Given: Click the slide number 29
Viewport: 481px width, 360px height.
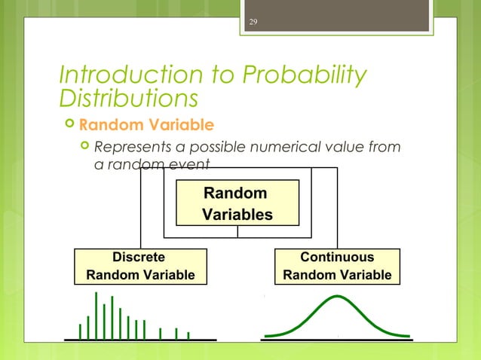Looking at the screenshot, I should tap(253, 21).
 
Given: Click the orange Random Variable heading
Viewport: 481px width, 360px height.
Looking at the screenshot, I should tap(146, 124).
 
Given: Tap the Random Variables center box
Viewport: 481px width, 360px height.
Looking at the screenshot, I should tap(237, 203).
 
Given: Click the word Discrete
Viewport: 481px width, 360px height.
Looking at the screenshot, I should tap(139, 257).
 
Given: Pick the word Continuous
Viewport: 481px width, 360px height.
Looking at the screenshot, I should tap(337, 257).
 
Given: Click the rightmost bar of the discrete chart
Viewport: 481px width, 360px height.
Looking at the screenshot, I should tap(188, 334).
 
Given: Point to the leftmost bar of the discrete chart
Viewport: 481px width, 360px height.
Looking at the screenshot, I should tap(80, 331).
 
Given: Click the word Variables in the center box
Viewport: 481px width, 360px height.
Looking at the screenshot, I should tap(237, 215).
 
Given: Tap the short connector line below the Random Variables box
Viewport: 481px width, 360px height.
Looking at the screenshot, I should tap(237, 231).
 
